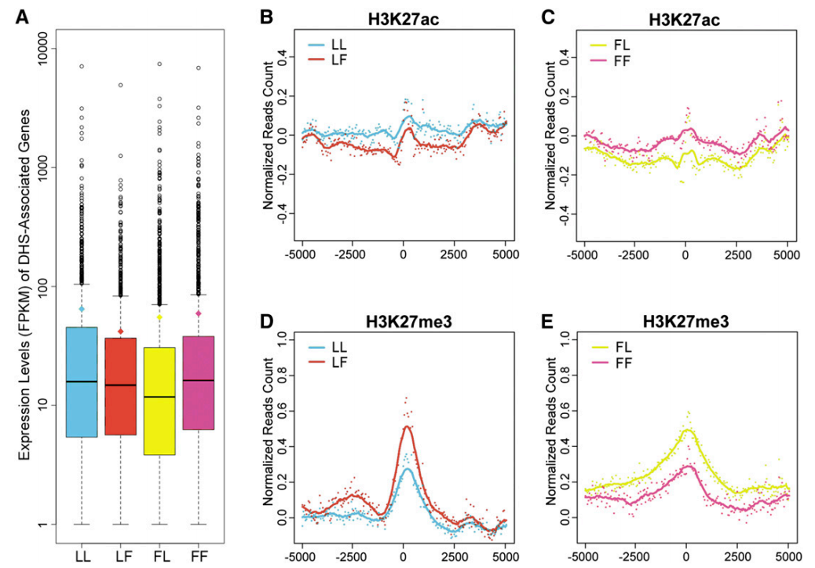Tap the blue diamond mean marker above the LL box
82,309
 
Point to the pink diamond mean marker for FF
198,313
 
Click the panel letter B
267,17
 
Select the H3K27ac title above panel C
684,20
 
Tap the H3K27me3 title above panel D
408,322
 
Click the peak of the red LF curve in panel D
407,427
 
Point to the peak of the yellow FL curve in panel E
686,431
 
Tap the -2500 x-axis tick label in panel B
352,255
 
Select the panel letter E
546,322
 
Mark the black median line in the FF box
198,380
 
